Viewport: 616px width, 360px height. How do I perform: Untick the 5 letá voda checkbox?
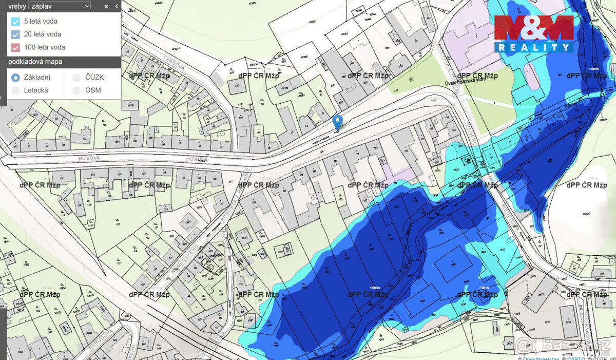pyautogui.click(x=15, y=22)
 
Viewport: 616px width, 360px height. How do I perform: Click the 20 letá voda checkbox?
pyautogui.click(x=15, y=34)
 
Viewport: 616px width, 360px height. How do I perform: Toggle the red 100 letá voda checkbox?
pyautogui.click(x=15, y=47)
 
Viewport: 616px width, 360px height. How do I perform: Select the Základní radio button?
pyautogui.click(x=15, y=78)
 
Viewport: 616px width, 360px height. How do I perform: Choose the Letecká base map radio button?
pyautogui.click(x=15, y=90)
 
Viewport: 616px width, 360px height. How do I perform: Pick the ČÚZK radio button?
pyautogui.click(x=76, y=78)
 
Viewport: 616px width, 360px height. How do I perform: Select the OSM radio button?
pyautogui.click(x=76, y=90)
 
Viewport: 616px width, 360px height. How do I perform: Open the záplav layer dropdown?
pyautogui.click(x=60, y=6)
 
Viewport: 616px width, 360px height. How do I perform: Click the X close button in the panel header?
pyautogui.click(x=106, y=6)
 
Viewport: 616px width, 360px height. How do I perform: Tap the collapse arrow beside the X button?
pyautogui.click(x=117, y=6)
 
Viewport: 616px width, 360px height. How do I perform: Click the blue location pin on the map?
pyautogui.click(x=337, y=122)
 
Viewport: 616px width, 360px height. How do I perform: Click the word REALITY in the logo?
pyautogui.click(x=534, y=47)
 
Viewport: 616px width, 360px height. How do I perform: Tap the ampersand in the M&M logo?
pyautogui.click(x=534, y=28)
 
